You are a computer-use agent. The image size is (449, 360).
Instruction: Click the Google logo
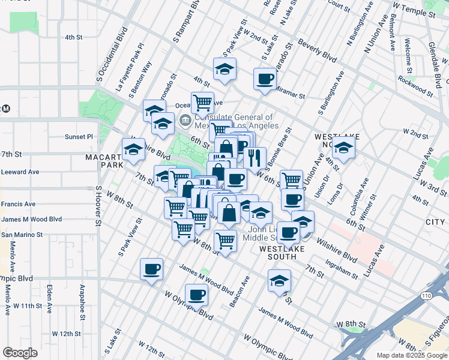(x=20, y=353)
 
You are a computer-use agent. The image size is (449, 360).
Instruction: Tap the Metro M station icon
(x=6, y=109)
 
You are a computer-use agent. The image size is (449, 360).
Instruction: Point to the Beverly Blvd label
(x=320, y=56)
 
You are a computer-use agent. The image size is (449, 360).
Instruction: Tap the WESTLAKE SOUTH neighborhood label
(x=278, y=252)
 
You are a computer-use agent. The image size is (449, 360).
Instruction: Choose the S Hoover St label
(x=98, y=206)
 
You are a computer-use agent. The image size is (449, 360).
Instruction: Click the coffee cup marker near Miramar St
(x=265, y=79)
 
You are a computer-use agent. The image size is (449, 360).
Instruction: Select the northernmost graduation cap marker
(x=224, y=70)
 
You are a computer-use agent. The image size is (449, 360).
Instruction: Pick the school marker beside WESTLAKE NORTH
(x=344, y=148)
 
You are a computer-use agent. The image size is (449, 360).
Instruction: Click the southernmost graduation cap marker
(x=279, y=280)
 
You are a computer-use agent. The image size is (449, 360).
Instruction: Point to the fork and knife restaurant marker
(x=255, y=157)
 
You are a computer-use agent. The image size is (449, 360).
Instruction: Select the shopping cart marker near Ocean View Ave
(x=202, y=102)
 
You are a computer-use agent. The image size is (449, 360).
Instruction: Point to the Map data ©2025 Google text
(x=411, y=355)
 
